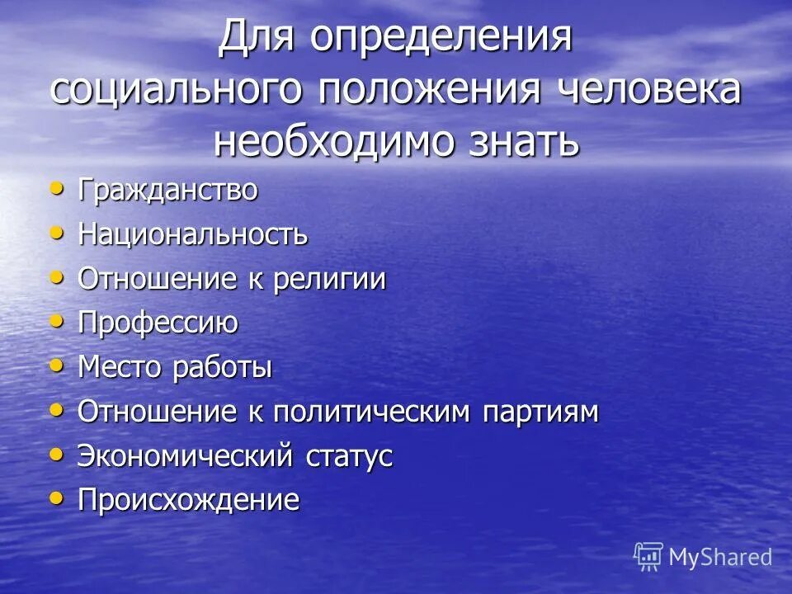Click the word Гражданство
pyautogui.click(x=167, y=191)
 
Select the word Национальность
pyautogui.click(x=193, y=235)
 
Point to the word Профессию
pyautogui.click(x=158, y=323)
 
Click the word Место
pyautogui.click(x=120, y=368)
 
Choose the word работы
pyautogui.click(x=222, y=368)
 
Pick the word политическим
pyautogui.click(x=370, y=412)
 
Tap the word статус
pyautogui.click(x=349, y=456)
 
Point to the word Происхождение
pyautogui.click(x=188, y=500)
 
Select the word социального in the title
pyautogui.click(x=179, y=89)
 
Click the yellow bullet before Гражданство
pyautogui.click(x=56, y=188)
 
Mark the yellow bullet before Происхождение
pyautogui.click(x=56, y=497)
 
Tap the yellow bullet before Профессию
pyautogui.click(x=56, y=321)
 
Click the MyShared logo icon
pyautogui.click(x=648, y=556)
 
